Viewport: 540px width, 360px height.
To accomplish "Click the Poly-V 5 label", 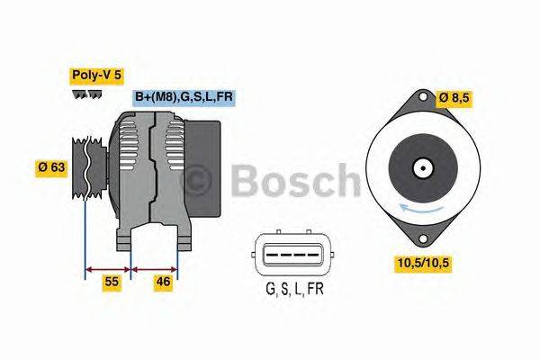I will click(97, 76).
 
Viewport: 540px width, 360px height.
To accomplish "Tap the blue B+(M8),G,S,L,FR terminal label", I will click(184, 97).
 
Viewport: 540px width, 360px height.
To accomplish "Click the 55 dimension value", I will click(111, 282).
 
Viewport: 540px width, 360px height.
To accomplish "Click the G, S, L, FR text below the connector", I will click(295, 289).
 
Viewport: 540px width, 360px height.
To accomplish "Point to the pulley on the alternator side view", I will click(84, 167).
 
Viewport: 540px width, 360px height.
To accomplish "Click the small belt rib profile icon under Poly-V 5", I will click(87, 94).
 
